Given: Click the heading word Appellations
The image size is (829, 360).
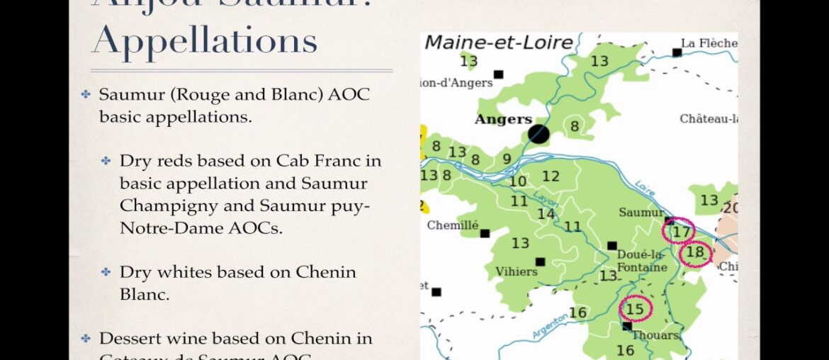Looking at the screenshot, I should click(x=205, y=41).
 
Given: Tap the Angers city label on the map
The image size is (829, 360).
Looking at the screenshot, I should click(x=503, y=119).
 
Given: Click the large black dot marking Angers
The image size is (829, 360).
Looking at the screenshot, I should click(x=539, y=134).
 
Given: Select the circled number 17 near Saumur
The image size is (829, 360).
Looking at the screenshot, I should click(x=681, y=231).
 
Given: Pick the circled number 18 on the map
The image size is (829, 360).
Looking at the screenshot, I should click(x=695, y=252).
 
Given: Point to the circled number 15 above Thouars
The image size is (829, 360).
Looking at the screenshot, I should click(x=636, y=308).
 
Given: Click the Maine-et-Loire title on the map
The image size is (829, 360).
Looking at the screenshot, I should click(x=498, y=43).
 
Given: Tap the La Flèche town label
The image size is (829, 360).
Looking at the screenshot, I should click(x=709, y=43).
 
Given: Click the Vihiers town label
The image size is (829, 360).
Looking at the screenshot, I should click(x=517, y=271).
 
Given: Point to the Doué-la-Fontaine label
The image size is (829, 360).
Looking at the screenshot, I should click(x=642, y=261).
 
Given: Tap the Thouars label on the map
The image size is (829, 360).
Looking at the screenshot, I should click(x=655, y=335).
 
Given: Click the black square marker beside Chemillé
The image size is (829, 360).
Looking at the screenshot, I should click(x=485, y=233).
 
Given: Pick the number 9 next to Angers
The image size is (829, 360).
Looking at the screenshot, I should click(x=507, y=159).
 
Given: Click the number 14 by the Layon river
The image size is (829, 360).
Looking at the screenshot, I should click(x=546, y=214).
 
